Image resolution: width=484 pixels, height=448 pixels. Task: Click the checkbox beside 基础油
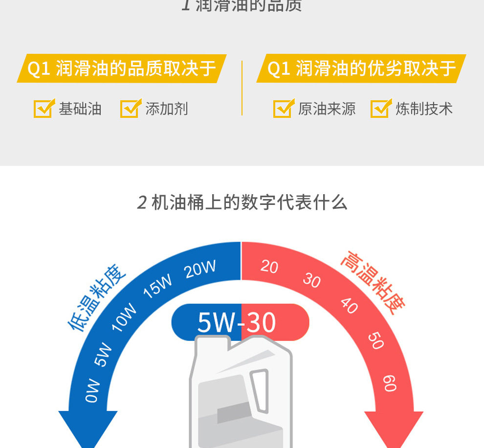point(43,109)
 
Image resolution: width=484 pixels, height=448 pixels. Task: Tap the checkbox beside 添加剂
point(130,109)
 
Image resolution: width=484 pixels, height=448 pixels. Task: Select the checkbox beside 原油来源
point(282,109)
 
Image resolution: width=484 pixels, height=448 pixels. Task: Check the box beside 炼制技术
point(380,109)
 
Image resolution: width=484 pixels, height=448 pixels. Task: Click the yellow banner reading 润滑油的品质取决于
point(121,68)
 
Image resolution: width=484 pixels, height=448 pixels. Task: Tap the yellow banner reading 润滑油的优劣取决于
point(361,68)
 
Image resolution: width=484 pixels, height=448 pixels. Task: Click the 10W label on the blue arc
point(124,317)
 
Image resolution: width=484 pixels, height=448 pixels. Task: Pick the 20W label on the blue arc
point(200,269)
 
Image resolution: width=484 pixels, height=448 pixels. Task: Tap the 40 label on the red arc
point(349,306)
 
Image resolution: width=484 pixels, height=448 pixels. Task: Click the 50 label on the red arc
point(375,341)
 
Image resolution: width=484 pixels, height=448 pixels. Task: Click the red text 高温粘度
point(373,283)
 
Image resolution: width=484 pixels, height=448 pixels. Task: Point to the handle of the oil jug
point(259,387)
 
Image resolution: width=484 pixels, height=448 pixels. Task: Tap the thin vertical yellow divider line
point(242,88)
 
